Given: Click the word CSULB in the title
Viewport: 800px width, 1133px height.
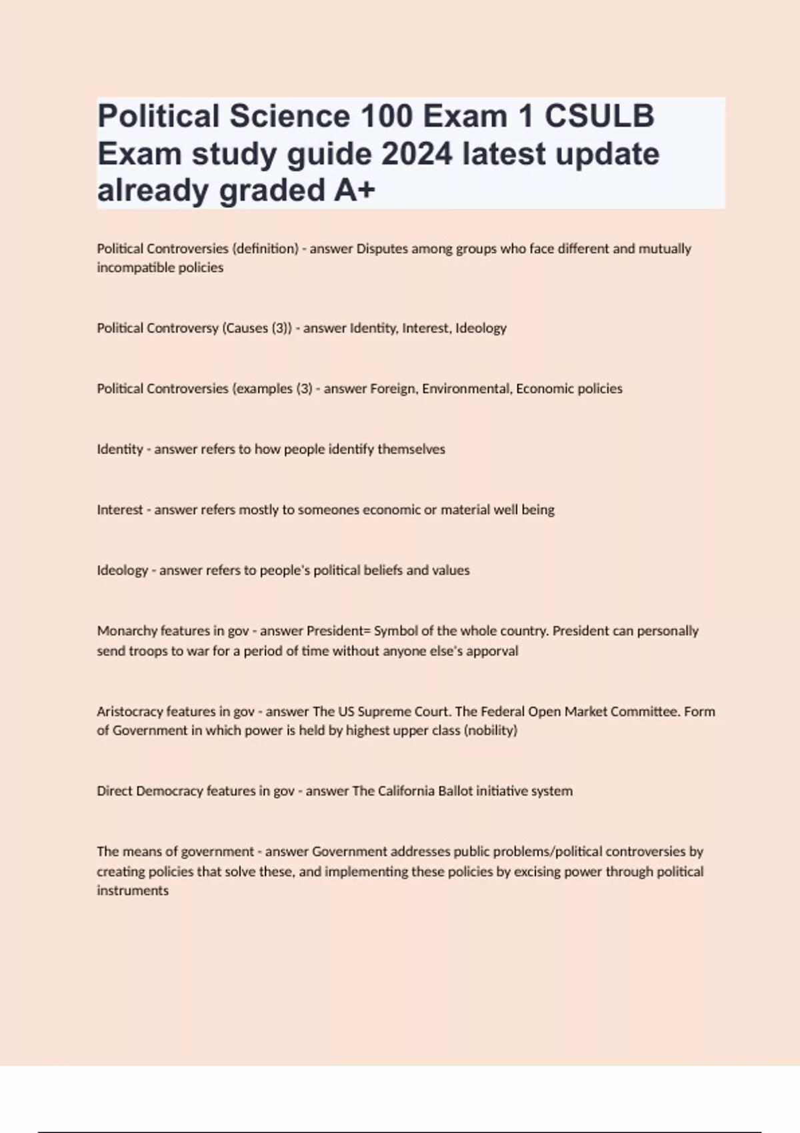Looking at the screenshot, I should pyautogui.click(x=599, y=116).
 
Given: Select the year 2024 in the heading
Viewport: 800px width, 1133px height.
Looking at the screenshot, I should pyautogui.click(x=417, y=154).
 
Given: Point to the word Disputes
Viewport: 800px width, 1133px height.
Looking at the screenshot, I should pyautogui.click(x=382, y=249).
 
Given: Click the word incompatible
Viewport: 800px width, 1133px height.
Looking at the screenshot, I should pyautogui.click(x=126, y=268).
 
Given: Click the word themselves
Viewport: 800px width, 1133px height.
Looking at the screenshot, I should pyautogui.click(x=411, y=449).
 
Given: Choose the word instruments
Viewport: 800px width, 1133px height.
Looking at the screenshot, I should pyautogui.click(x=133, y=891).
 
